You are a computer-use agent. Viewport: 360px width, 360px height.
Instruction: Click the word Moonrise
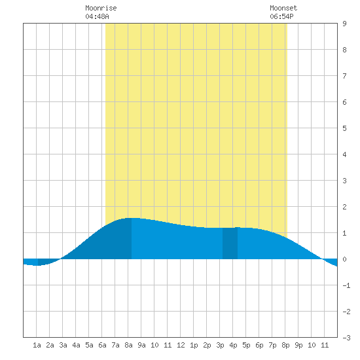click(x=101, y=8)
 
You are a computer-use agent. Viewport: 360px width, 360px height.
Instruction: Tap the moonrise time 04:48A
click(x=97, y=16)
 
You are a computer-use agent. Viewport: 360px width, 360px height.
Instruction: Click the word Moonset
click(x=283, y=8)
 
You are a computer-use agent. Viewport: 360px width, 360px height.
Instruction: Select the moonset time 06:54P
click(x=281, y=16)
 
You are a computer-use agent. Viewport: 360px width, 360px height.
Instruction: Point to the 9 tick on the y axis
click(x=344, y=24)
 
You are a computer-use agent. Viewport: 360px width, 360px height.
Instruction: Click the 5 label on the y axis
click(x=344, y=128)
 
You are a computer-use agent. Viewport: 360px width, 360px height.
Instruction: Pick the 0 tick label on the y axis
click(x=344, y=259)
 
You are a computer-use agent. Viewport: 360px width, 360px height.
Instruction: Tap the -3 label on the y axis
click(x=346, y=338)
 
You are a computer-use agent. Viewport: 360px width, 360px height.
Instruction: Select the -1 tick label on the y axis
click(x=346, y=285)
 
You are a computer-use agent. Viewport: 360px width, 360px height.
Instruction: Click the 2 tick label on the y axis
click(x=344, y=207)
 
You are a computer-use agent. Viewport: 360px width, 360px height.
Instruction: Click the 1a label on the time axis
click(x=37, y=345)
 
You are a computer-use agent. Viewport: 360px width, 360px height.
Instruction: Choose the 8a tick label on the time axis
click(x=128, y=345)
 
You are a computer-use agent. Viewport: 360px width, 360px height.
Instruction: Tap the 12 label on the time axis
click(x=181, y=345)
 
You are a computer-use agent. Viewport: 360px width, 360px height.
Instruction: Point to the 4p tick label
click(x=233, y=345)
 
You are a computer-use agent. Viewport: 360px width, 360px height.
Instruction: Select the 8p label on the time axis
click(x=285, y=345)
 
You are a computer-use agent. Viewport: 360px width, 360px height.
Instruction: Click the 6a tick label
click(x=102, y=345)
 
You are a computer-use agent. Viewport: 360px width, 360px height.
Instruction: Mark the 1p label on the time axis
click(x=194, y=345)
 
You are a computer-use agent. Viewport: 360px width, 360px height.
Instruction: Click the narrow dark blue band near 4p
click(x=230, y=243)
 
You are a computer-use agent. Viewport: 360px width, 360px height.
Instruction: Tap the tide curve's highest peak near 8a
click(x=132, y=218)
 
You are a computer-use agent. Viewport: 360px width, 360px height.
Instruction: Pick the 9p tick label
click(x=298, y=345)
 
